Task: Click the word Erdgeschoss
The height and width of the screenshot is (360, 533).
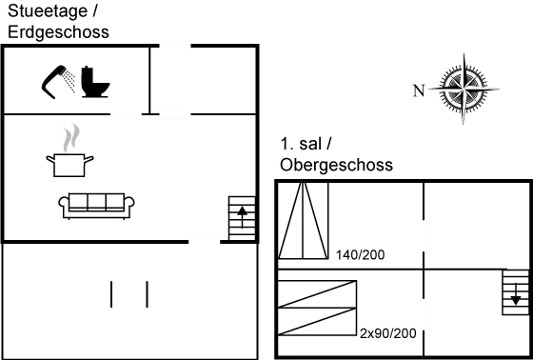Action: tap(56, 31)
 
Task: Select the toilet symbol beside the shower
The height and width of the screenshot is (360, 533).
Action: tap(95, 84)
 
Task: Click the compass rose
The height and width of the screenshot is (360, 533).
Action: tap(464, 90)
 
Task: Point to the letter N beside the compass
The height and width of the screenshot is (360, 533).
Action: tap(417, 91)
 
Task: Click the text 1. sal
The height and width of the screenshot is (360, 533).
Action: tap(306, 145)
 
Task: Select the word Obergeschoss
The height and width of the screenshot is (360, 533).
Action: tap(337, 165)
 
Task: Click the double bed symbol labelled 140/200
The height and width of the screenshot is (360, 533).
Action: tap(304, 221)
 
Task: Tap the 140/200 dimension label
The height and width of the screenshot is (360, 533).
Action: tap(355, 256)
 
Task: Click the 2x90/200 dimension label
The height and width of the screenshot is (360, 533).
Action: tap(388, 333)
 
